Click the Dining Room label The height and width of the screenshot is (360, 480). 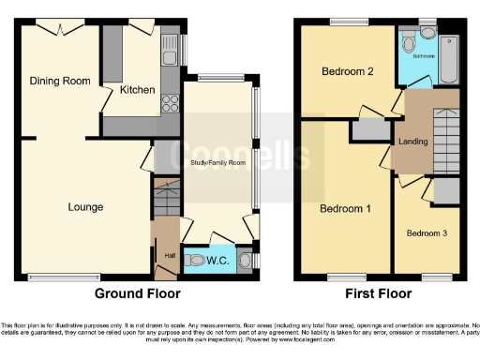click(x=59, y=81)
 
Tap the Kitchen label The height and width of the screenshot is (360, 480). click(x=137, y=89)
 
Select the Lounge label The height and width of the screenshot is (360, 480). click(x=84, y=206)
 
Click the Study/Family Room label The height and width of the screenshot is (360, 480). click(x=217, y=163)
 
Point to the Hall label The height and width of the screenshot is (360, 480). click(x=170, y=254)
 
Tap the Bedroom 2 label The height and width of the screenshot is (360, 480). click(x=348, y=71)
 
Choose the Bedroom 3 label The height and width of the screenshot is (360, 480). click(x=427, y=232)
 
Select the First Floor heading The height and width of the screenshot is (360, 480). click(x=379, y=293)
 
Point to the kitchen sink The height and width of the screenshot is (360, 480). click(x=170, y=51)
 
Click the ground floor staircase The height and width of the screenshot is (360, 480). click(x=167, y=199)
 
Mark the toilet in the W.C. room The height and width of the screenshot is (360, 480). click(x=196, y=260)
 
